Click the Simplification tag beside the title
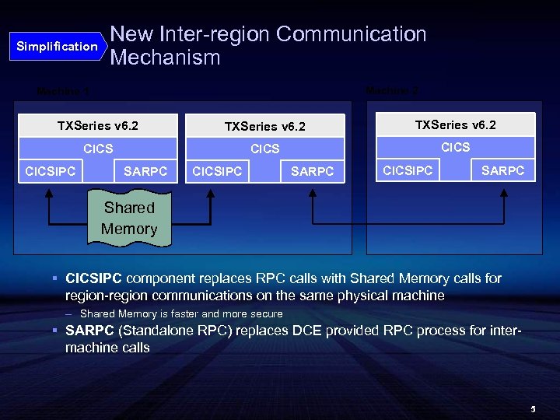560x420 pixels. coord(58,47)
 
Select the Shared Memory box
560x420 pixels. coord(129,219)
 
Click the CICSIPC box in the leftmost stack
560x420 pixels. coord(51,170)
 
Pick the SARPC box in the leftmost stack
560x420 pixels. coord(145,170)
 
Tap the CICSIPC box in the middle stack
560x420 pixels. coord(217,171)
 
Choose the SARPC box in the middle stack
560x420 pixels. coord(312,171)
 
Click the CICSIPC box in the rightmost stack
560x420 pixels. coord(408,170)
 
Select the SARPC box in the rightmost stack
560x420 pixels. coord(503,170)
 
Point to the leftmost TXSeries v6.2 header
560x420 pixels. coord(98,125)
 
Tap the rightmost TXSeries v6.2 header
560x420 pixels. coord(456,124)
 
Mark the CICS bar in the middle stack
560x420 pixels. coord(264,149)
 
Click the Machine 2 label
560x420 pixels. coord(392,91)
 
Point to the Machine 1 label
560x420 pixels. coord(63,91)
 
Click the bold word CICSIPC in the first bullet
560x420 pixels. coord(94,278)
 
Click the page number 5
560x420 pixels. coord(534,408)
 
